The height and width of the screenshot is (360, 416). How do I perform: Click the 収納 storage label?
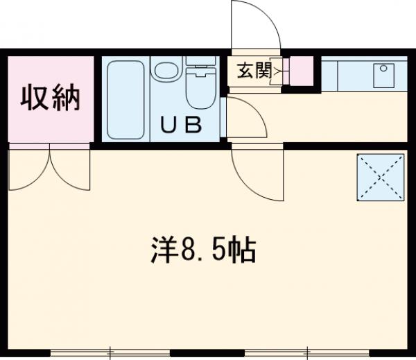[x=49, y=98]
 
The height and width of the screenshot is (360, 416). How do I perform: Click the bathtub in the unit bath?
[x=125, y=98]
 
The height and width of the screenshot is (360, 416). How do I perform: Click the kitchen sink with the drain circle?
[x=383, y=76]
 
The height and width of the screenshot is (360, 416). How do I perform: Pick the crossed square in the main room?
[x=381, y=177]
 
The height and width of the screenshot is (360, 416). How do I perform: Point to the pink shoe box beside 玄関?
[x=302, y=70]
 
